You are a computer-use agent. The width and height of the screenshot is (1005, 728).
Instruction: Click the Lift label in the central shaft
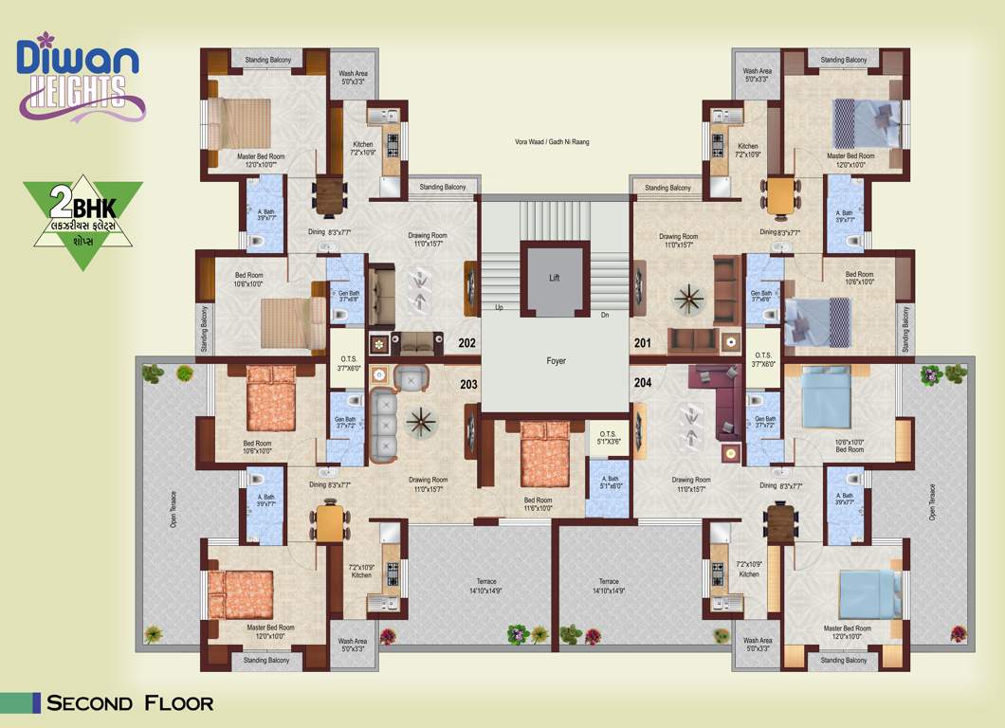[556, 279]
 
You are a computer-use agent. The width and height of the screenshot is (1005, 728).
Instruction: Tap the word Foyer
[556, 361]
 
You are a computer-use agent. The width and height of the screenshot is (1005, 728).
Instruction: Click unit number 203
[467, 384]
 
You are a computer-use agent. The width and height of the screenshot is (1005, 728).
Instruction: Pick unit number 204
[643, 384]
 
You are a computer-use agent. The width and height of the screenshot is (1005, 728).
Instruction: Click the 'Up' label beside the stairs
[499, 308]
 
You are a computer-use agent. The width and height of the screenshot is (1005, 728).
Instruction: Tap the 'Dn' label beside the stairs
[604, 315]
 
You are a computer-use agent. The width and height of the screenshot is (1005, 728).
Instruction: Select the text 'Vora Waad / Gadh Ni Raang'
[553, 142]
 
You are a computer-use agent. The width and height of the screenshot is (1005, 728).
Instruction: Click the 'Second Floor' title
[130, 703]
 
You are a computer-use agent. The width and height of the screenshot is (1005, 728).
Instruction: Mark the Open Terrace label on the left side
[174, 507]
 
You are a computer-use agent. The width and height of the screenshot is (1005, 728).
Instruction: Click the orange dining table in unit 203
[329, 522]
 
